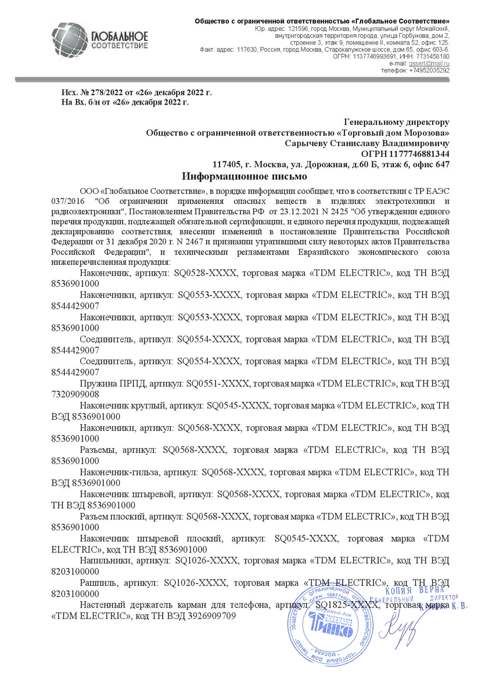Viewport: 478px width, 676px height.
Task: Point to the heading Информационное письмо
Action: click(244, 175)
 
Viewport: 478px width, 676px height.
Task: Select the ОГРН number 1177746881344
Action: click(416, 153)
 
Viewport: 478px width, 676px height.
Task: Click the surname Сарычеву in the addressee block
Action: click(307, 143)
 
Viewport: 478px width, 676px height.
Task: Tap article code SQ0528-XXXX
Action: click(209, 273)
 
